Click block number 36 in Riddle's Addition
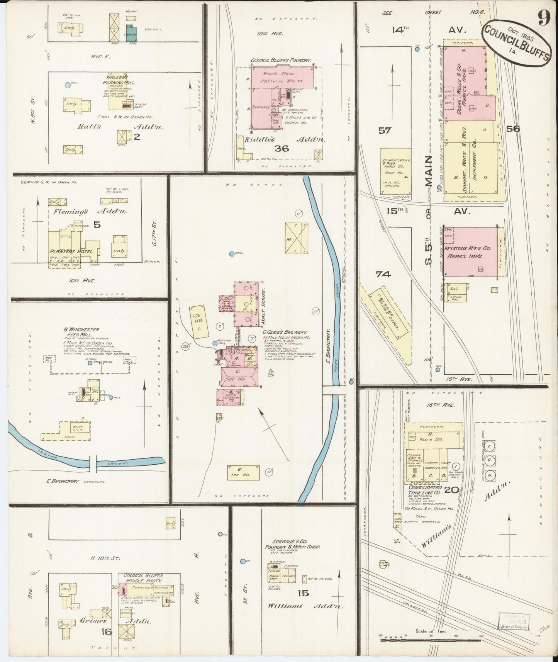click(282, 148)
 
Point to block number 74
click(383, 274)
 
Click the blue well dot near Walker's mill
click(68, 85)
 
